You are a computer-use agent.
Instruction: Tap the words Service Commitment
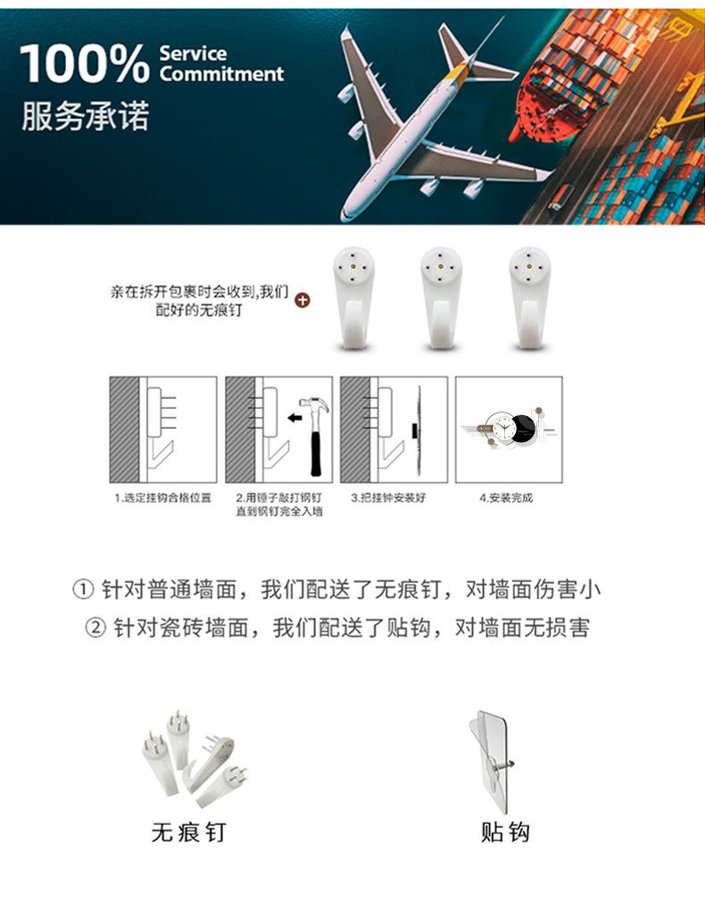[220, 64]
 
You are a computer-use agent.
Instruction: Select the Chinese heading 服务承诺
[86, 117]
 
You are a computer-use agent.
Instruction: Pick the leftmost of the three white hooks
[353, 299]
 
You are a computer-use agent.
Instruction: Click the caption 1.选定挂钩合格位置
[162, 497]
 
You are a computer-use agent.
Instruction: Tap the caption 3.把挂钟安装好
[388, 497]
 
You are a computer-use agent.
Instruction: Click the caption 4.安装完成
[505, 497]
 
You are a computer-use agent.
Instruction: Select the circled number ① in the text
[82, 590]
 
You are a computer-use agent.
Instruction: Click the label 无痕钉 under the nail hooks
[188, 832]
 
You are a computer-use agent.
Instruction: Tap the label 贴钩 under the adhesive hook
[505, 832]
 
